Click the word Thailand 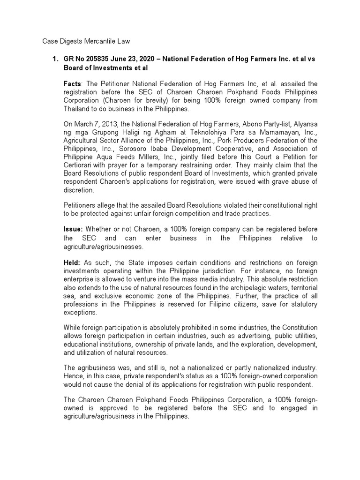pyautogui.click(x=78, y=108)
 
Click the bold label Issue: pyautogui.click(x=74, y=229)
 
